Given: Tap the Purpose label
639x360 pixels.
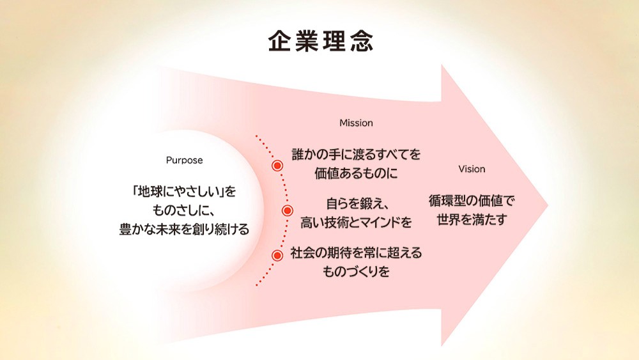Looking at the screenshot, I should click(x=184, y=160).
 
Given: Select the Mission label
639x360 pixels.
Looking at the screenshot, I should click(x=356, y=123).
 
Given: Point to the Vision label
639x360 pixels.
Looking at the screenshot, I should click(x=472, y=169).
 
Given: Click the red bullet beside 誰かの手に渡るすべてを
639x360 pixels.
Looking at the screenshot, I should click(x=277, y=165).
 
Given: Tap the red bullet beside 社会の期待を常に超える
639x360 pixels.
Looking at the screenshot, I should click(x=277, y=256).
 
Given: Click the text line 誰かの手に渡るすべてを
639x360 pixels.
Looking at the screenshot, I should click(x=356, y=155).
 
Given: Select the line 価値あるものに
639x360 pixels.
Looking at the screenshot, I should click(x=356, y=173).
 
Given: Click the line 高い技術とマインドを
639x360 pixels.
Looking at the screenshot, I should click(x=356, y=223).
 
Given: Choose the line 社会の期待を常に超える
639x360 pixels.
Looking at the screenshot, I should click(x=356, y=253).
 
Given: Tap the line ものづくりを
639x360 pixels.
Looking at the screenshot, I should click(x=356, y=271).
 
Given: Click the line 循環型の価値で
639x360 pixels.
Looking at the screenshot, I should click(x=472, y=201).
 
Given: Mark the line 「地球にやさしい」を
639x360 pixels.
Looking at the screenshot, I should click(x=184, y=191).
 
